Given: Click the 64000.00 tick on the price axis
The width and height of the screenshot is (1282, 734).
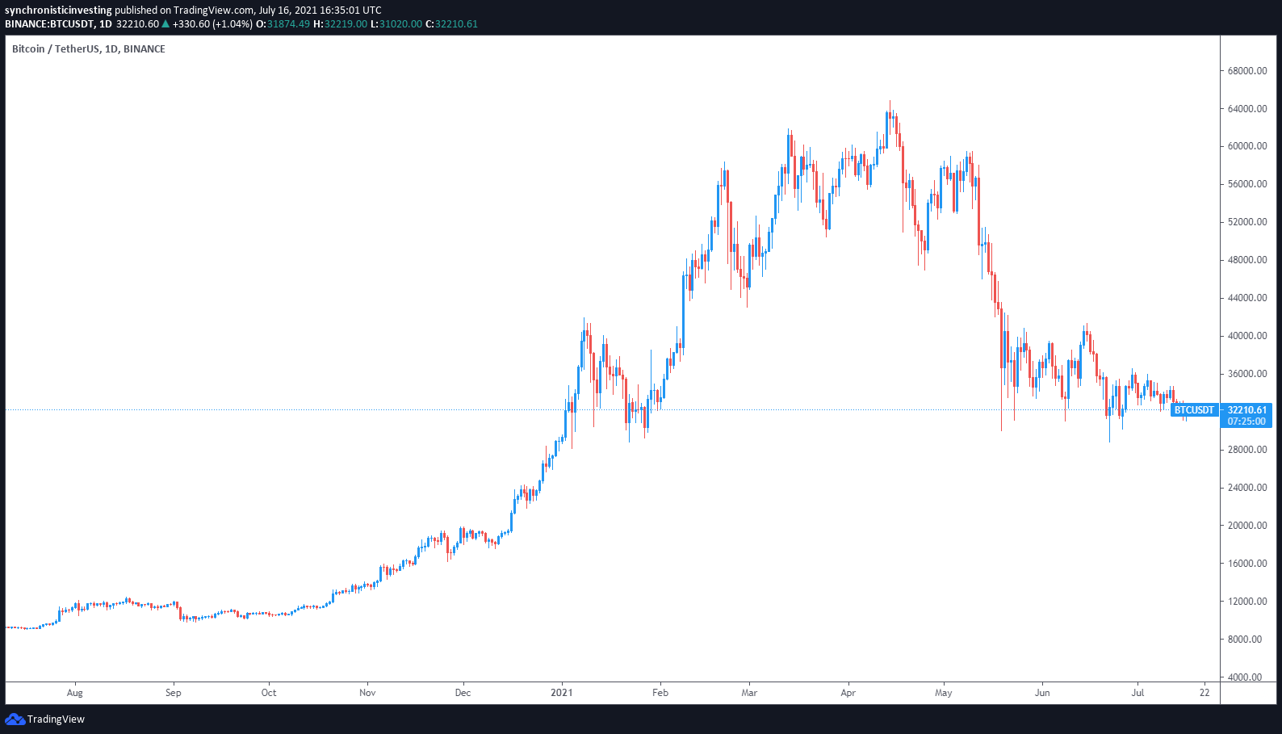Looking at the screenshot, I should (1246, 109).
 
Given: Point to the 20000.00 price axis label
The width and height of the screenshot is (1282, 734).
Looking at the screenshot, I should (1246, 526).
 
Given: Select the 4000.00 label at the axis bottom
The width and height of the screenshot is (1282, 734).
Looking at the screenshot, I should (1249, 677).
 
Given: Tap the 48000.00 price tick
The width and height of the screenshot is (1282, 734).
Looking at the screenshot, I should (1246, 260).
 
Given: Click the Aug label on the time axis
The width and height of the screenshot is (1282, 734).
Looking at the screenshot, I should (74, 693).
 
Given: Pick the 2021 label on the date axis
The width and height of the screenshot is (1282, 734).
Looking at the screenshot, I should (561, 693).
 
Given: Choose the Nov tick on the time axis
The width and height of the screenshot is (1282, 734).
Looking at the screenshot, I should (367, 693).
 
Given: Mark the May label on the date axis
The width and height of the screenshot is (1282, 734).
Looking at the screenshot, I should (943, 693).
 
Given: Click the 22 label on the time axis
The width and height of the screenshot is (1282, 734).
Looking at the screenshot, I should (1204, 693).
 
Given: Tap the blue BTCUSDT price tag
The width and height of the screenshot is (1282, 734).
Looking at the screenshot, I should (1193, 410).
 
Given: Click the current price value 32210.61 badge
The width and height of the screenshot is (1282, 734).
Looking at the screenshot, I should (1247, 410).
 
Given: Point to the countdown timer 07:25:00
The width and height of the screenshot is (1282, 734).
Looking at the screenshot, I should (1247, 422).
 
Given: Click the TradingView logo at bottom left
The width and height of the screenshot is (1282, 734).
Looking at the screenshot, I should (45, 719).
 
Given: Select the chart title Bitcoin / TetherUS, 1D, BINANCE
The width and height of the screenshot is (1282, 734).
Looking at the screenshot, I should (89, 49).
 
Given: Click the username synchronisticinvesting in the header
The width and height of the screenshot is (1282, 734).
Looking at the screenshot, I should (58, 10).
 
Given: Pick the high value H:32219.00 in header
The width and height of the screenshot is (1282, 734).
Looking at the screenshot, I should (340, 24).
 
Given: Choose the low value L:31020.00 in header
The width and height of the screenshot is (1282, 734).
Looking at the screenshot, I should (396, 24).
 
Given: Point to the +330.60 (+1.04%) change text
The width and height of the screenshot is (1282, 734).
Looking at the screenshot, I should (212, 24).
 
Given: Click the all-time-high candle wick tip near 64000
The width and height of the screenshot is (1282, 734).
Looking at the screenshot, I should (890, 101).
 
